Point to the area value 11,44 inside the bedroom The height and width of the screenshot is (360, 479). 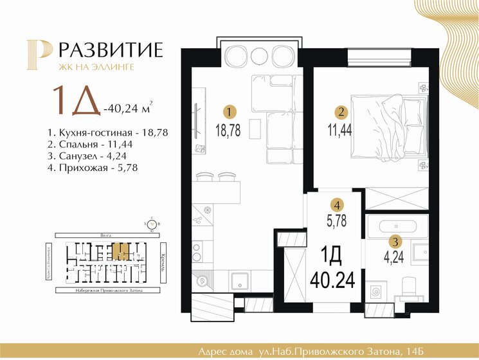click(341, 130)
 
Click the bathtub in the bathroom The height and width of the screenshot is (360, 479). click(395, 226)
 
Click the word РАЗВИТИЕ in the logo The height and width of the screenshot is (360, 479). click(113, 50)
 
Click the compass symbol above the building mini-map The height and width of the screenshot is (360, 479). click(151, 224)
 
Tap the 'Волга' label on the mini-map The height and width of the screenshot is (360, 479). click(98, 235)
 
